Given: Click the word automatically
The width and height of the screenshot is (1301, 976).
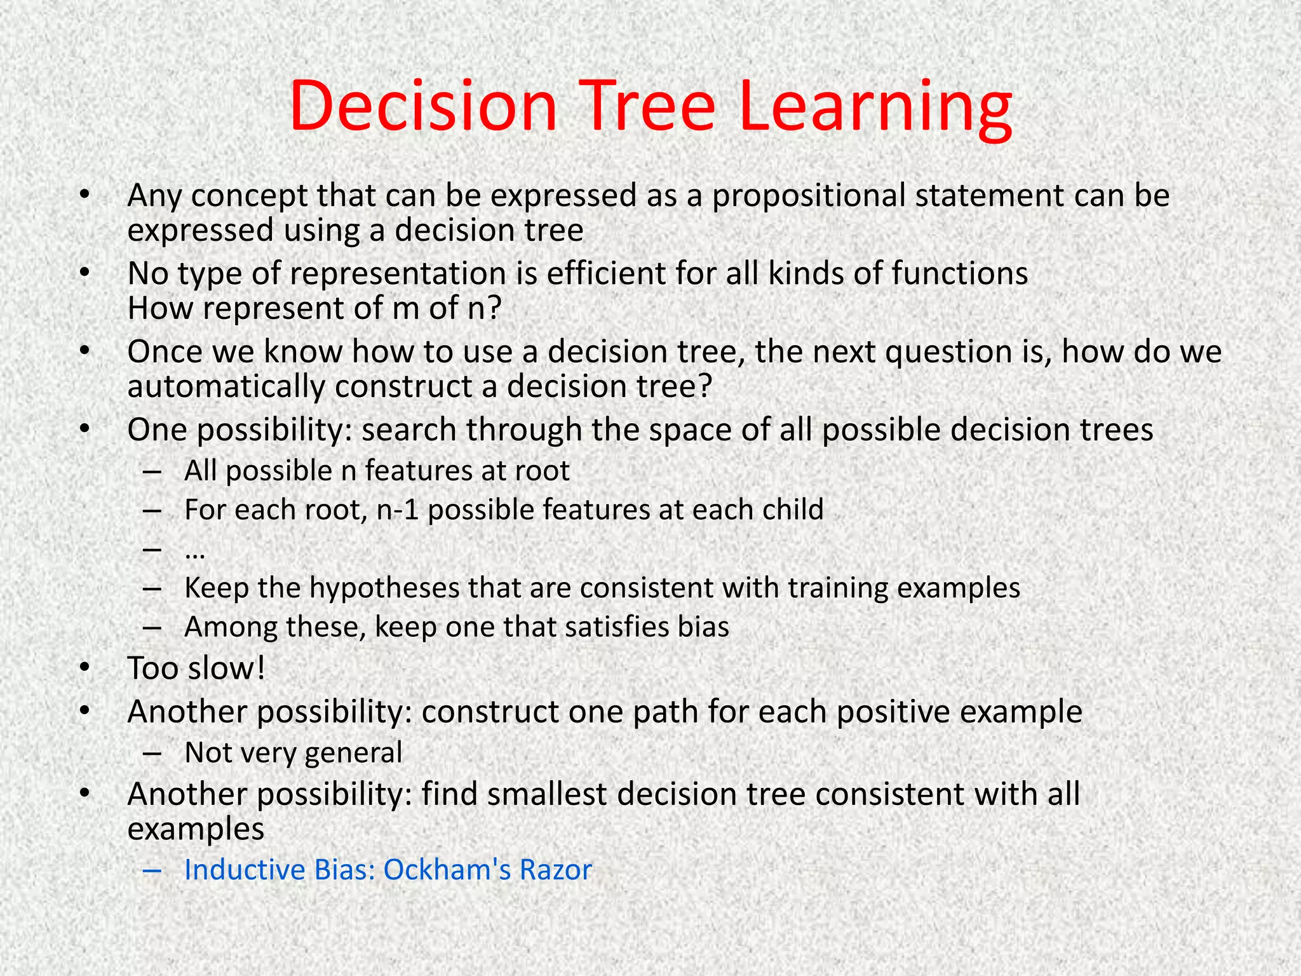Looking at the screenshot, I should click(226, 387).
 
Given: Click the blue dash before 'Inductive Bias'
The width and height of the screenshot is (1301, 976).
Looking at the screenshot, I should click(152, 871).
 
